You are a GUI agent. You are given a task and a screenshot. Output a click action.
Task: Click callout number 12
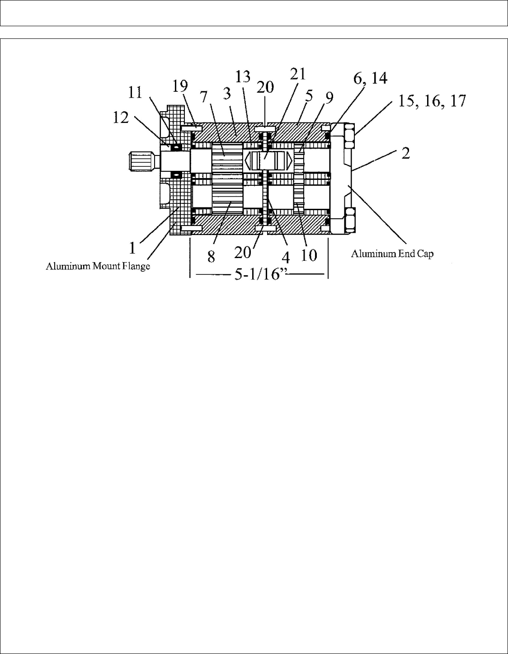pyautogui.click(x=121, y=118)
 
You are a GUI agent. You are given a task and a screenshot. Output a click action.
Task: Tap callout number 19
pyautogui.click(x=180, y=86)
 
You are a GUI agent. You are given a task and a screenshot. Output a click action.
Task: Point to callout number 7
pyautogui.click(x=204, y=96)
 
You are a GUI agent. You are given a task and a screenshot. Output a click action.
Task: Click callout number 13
pyautogui.click(x=243, y=77)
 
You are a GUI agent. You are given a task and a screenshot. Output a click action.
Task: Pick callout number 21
pyautogui.click(x=298, y=74)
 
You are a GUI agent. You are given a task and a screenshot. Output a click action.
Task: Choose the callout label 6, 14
pyautogui.click(x=370, y=79)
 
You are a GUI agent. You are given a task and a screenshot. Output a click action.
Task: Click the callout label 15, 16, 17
pyautogui.click(x=432, y=101)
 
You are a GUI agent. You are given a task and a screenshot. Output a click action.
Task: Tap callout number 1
pyautogui.click(x=132, y=248)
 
